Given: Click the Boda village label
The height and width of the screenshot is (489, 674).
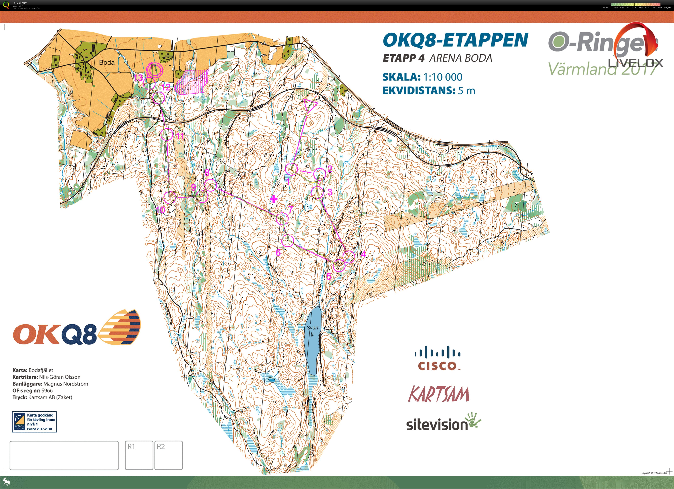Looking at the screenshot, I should point(107,62).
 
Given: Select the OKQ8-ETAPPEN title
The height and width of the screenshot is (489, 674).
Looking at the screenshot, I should point(455,40).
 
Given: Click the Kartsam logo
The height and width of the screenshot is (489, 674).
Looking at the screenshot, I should point(439,394).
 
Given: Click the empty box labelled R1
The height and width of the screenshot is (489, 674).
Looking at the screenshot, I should point(139,455).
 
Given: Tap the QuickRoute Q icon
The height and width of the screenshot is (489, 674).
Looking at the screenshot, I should point(6,5).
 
